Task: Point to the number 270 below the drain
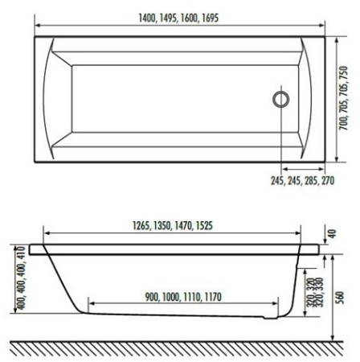tap(325, 182)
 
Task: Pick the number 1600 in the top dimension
tap(186, 19)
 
